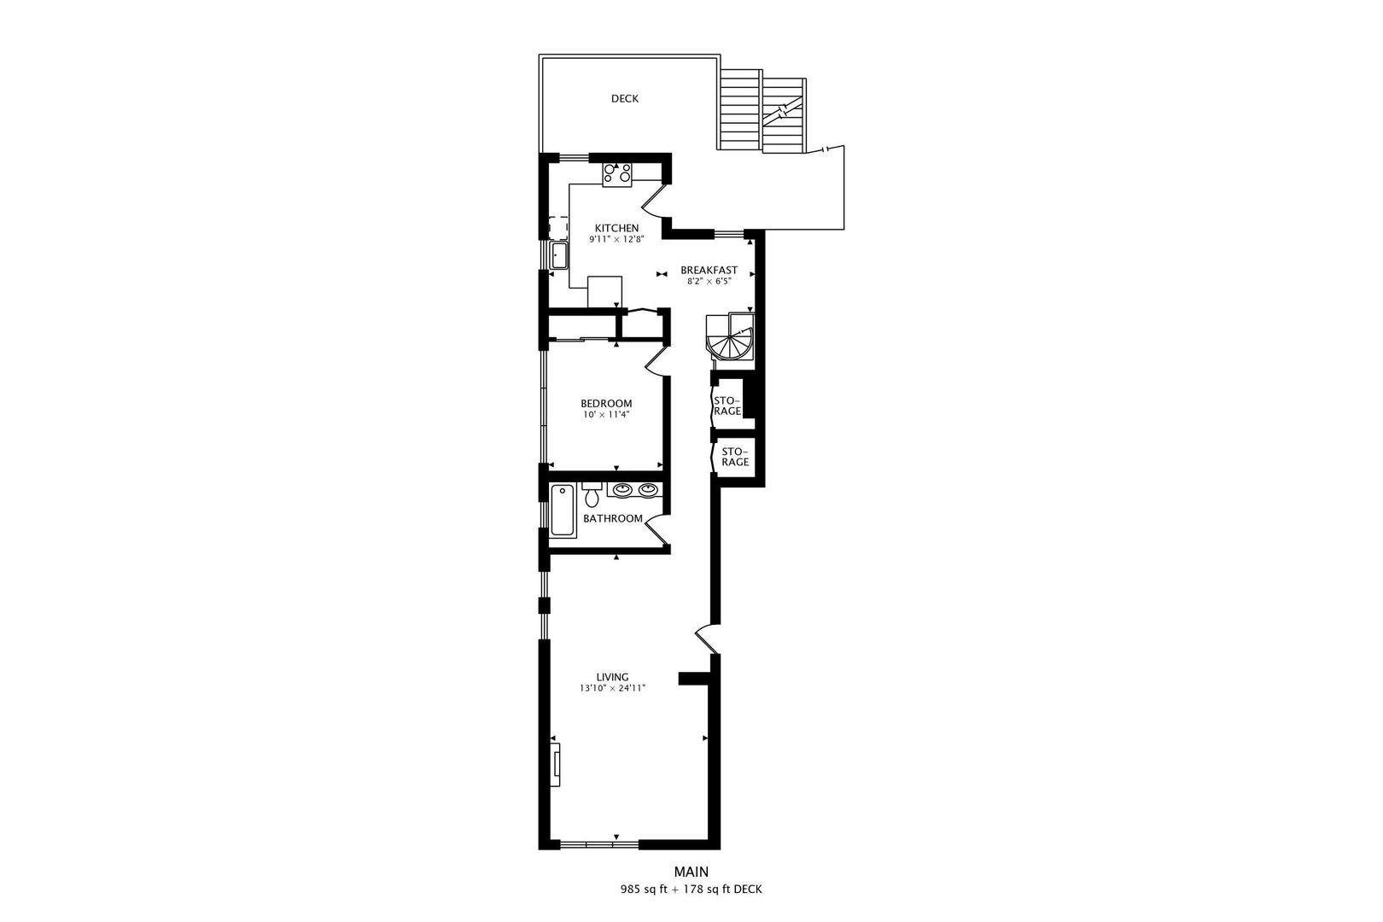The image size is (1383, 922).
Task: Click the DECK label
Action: click(x=625, y=99)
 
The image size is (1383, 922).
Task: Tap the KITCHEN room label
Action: click(x=616, y=228)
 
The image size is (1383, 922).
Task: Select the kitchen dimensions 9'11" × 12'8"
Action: click(x=616, y=239)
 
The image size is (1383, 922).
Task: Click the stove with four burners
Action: click(x=617, y=175)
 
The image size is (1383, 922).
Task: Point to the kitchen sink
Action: click(x=559, y=255)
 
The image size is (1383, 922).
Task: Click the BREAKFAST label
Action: click(x=709, y=270)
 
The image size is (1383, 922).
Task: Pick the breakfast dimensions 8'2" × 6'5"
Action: click(x=709, y=281)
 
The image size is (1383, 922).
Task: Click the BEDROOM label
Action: click(x=606, y=404)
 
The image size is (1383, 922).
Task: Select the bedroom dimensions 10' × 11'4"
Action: click(x=606, y=415)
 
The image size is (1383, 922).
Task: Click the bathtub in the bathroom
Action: click(x=563, y=511)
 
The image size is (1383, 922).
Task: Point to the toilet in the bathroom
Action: click(x=592, y=494)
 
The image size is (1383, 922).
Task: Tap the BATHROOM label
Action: click(x=613, y=519)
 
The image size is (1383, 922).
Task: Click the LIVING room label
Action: click(x=612, y=677)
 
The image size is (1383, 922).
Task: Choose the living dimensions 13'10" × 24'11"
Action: click(x=612, y=688)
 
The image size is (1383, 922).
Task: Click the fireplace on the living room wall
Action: click(x=556, y=765)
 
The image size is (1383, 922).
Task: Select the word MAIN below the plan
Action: click(x=691, y=872)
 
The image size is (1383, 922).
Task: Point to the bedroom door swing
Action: click(x=656, y=361)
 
